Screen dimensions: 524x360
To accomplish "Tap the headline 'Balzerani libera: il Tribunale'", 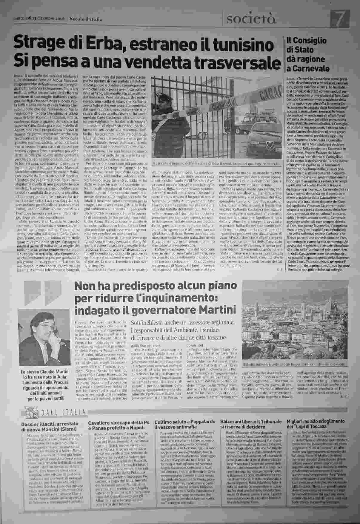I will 251,424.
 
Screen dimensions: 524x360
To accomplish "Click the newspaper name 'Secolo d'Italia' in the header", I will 86,19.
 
